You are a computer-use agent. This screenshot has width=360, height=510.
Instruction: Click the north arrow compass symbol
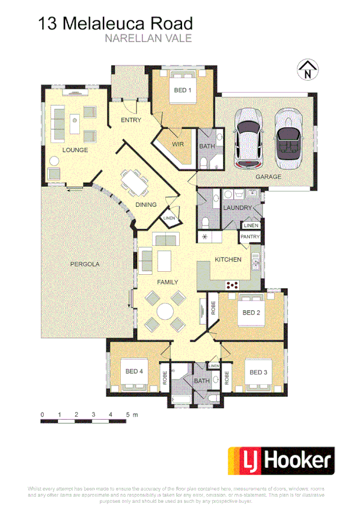coord(307,70)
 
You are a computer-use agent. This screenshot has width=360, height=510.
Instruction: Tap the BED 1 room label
coord(182,91)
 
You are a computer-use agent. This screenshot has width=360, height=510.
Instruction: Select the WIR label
coord(177,144)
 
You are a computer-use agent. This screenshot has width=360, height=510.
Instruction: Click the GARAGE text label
coord(268,177)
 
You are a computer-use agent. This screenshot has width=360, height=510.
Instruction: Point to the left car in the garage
coord(249,138)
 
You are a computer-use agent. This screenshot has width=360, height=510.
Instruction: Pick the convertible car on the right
coord(288,138)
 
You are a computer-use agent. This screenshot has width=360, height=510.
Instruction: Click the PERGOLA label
coord(85,264)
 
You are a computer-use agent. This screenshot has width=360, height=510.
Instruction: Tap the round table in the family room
coord(165,310)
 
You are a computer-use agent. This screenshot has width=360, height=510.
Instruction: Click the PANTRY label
coord(249,237)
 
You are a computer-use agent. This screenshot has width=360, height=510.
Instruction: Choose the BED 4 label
coord(135,372)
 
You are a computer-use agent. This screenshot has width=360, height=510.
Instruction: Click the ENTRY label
coord(130,120)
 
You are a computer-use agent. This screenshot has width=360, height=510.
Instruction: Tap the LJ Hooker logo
coord(280,461)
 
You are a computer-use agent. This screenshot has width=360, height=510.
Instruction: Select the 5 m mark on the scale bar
coord(127,415)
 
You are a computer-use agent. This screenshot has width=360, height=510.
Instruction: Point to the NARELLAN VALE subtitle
coord(148,38)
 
